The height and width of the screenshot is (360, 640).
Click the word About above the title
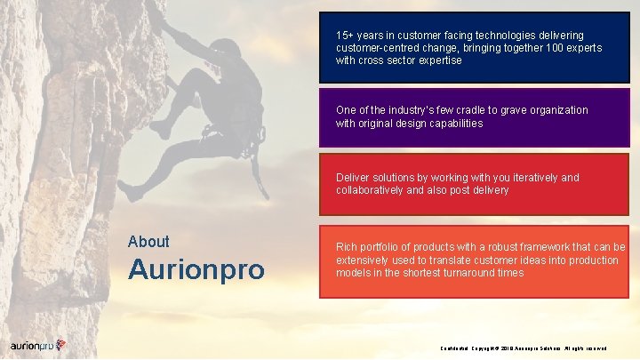point(148,242)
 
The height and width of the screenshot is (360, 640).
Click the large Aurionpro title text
point(196,269)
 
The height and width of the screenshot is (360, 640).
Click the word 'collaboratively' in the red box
point(371,190)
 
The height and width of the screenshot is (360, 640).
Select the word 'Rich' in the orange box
point(347,246)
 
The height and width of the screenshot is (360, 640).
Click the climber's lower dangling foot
point(130,191)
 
